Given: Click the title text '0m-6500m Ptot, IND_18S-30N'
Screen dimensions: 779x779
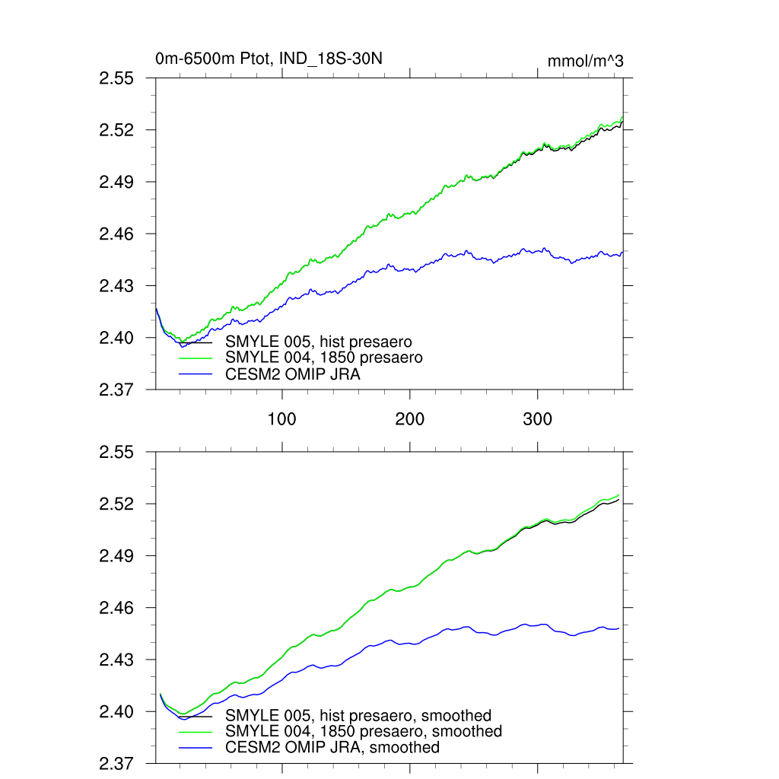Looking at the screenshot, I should pyautogui.click(x=268, y=59).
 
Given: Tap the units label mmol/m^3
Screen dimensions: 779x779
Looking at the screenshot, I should pyautogui.click(x=585, y=61).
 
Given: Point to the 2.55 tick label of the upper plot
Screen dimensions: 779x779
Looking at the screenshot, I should pyautogui.click(x=117, y=78).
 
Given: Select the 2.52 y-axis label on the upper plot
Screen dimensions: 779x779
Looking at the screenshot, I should pyautogui.click(x=117, y=130).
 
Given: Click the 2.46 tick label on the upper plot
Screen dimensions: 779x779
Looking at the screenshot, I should pyautogui.click(x=117, y=234).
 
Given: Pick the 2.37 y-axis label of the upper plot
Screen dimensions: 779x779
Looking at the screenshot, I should pyautogui.click(x=117, y=389).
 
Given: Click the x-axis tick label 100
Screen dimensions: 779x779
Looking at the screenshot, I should pyautogui.click(x=282, y=418).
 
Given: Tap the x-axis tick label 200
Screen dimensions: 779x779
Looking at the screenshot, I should pyautogui.click(x=410, y=418).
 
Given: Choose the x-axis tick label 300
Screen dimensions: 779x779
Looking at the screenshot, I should pyautogui.click(x=538, y=418).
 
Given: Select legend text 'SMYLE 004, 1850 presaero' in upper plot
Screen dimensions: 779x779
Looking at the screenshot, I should pyautogui.click(x=324, y=357).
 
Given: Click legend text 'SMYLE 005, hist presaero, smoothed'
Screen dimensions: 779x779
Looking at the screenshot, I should pyautogui.click(x=358, y=715).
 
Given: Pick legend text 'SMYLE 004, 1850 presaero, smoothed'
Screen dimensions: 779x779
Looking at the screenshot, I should pyautogui.click(x=364, y=731).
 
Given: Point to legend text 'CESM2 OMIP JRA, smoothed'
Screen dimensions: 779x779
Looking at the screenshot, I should pyautogui.click(x=332, y=748).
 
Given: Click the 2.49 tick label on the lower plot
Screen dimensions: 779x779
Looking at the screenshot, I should pyautogui.click(x=117, y=556).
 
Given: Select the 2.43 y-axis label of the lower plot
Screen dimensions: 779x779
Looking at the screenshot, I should pyautogui.click(x=117, y=660).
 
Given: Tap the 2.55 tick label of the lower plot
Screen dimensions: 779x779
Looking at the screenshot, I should pyautogui.click(x=117, y=453).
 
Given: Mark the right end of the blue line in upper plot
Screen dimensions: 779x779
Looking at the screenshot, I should pyautogui.click(x=623, y=253).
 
